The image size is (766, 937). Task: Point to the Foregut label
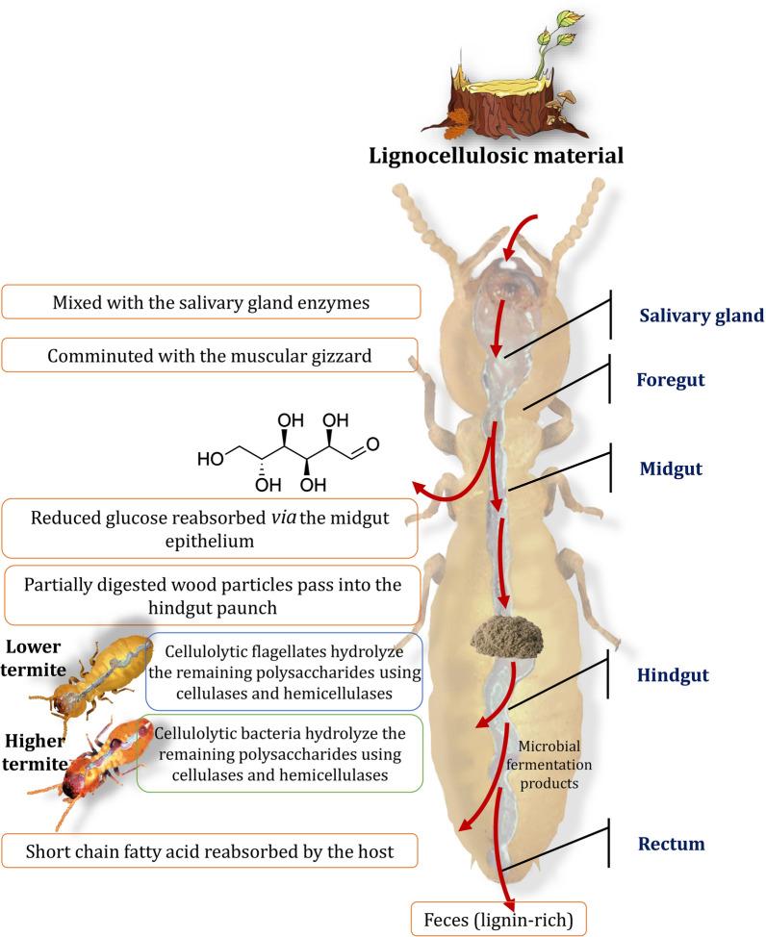point(670,380)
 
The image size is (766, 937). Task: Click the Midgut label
point(671,469)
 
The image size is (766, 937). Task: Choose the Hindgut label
point(673,675)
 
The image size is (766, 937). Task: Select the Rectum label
point(671,845)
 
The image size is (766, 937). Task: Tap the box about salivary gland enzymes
point(211,301)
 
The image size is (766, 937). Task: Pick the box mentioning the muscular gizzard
point(211,355)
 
